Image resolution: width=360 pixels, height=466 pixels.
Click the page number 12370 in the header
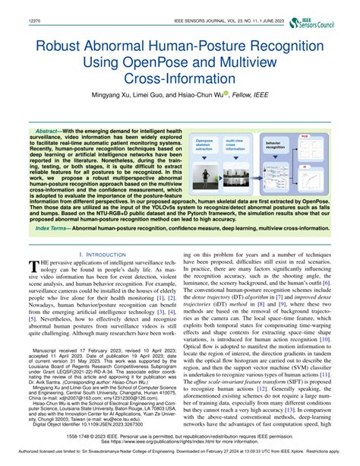(14, 6)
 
